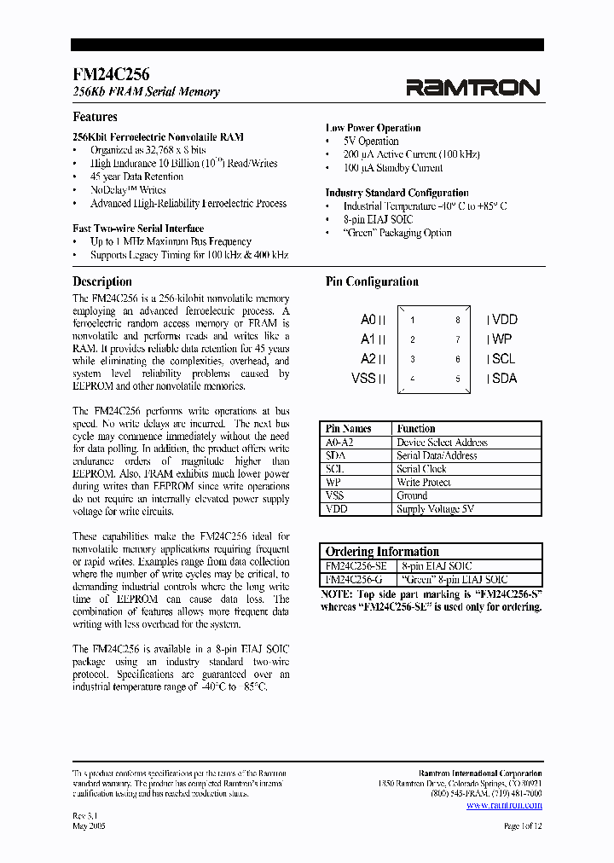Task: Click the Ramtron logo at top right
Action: pos(472,87)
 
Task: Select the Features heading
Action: pos(95,117)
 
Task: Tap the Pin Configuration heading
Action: pos(372,281)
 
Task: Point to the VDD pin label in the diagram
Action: pos(503,320)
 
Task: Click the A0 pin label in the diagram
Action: pos(368,320)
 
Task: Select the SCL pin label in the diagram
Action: pos(502,359)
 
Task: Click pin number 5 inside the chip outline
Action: pos(457,379)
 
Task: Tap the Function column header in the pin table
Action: pos(416,429)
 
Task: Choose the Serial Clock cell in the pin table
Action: pos(421,469)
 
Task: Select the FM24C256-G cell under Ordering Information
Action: pos(355,580)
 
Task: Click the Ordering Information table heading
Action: pos(382,552)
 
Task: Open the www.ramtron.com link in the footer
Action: pos(504,804)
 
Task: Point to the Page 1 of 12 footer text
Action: pos(523,826)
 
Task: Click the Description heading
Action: pos(102,281)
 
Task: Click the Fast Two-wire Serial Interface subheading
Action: pos(138,228)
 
